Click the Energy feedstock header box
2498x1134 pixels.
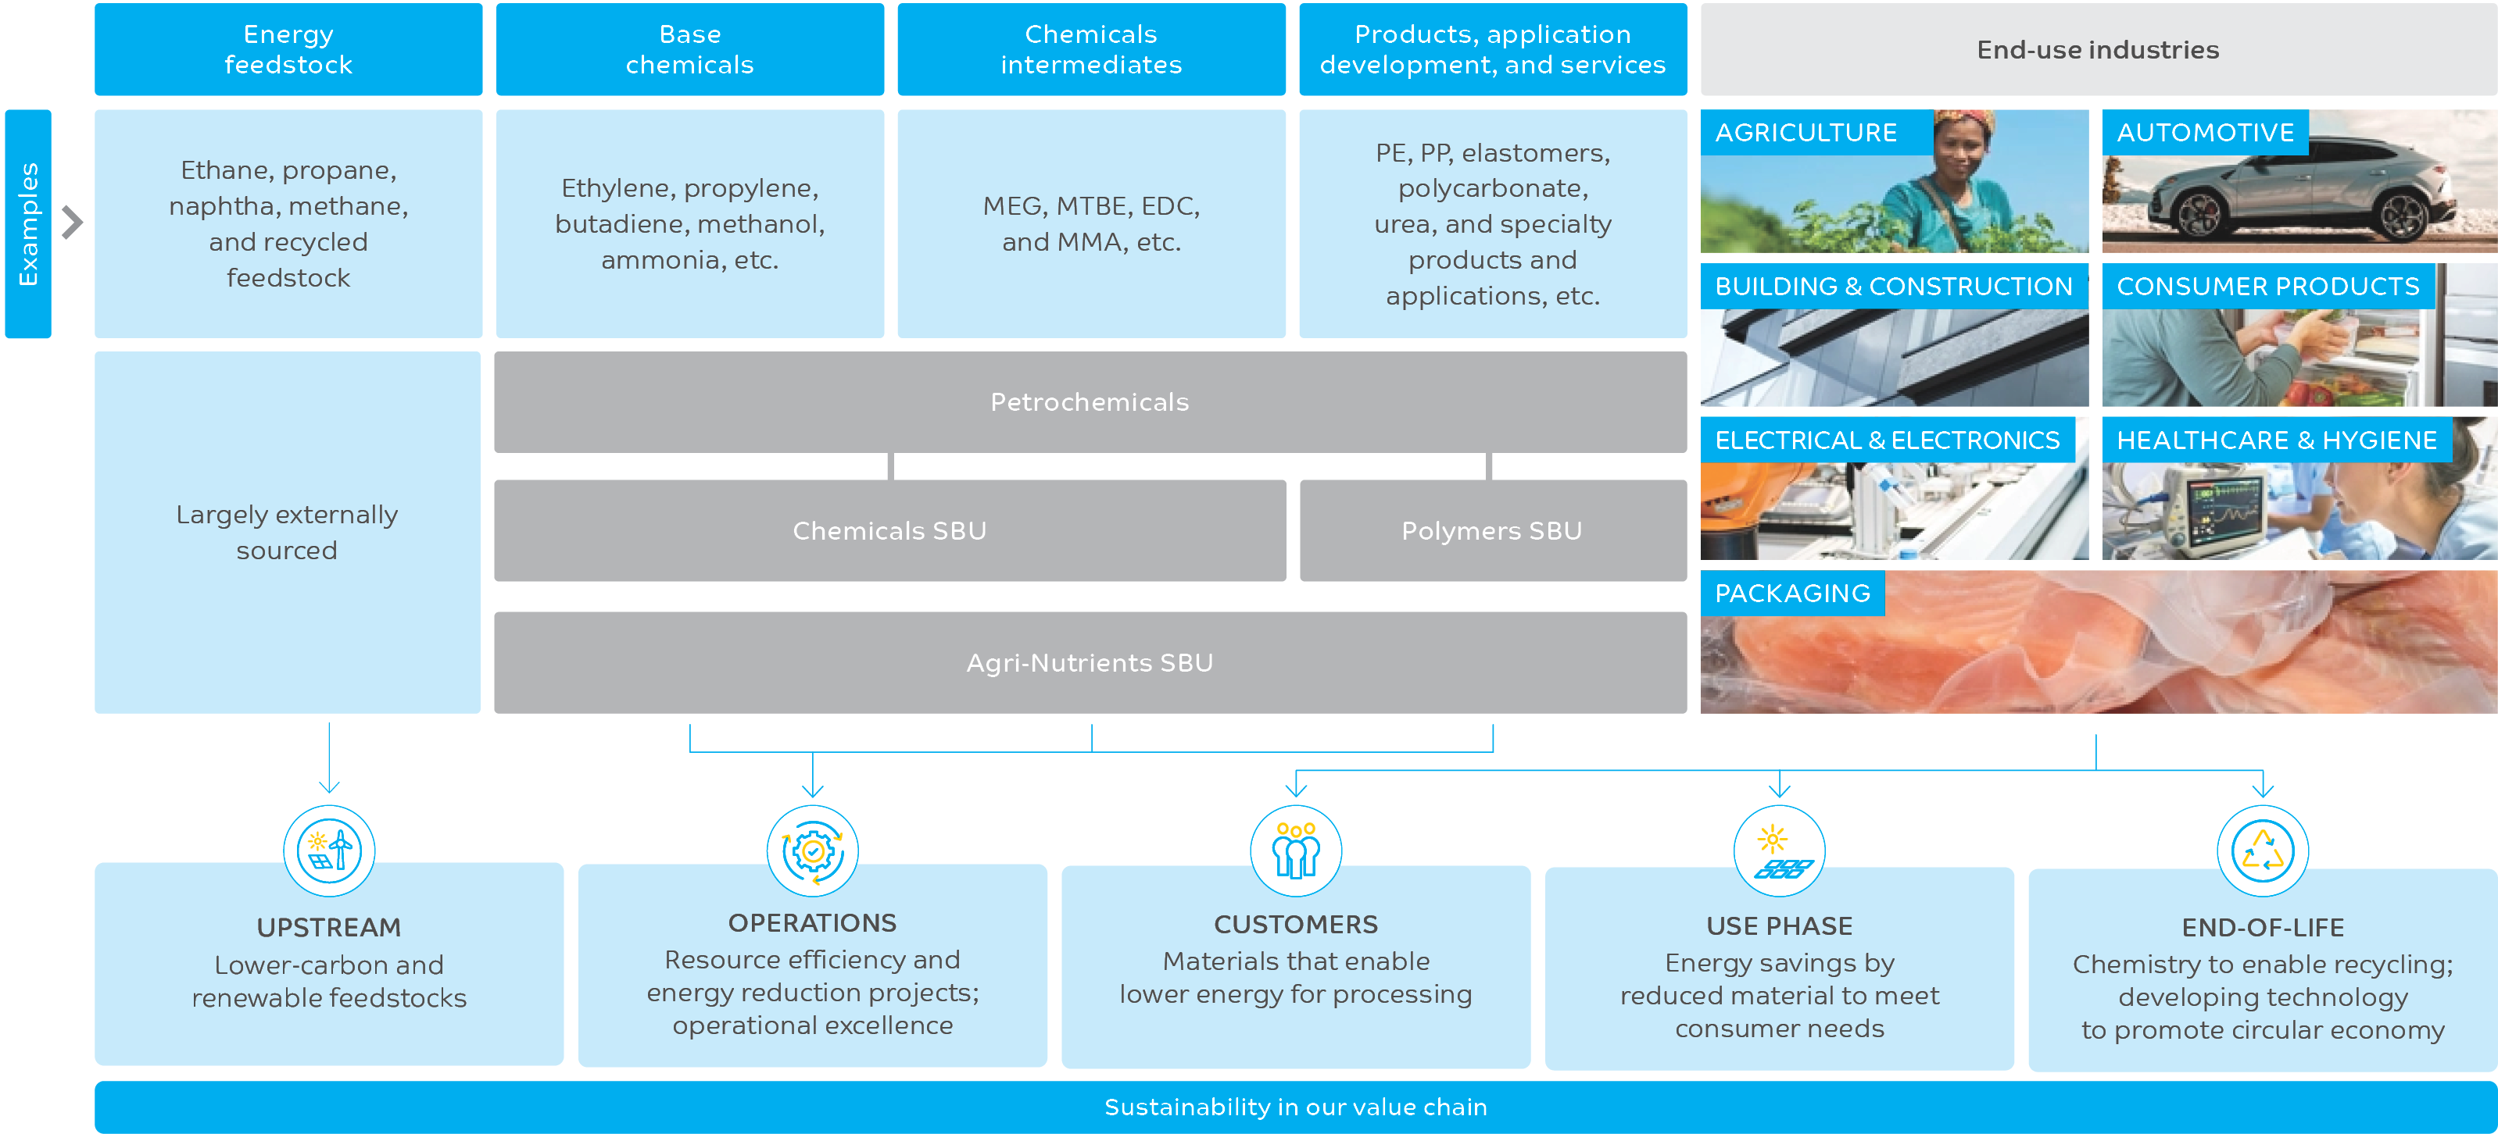288,49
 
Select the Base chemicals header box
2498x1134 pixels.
689,49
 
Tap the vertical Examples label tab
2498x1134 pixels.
28,224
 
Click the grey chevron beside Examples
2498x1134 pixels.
73,223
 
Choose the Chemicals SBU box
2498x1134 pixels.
889,531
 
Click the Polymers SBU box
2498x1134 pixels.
1491,531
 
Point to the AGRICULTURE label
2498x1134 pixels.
1806,133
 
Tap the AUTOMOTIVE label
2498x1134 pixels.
2205,133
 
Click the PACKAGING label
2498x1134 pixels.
1792,594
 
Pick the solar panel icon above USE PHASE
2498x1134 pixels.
1780,853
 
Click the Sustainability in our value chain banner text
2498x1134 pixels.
1296,1107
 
